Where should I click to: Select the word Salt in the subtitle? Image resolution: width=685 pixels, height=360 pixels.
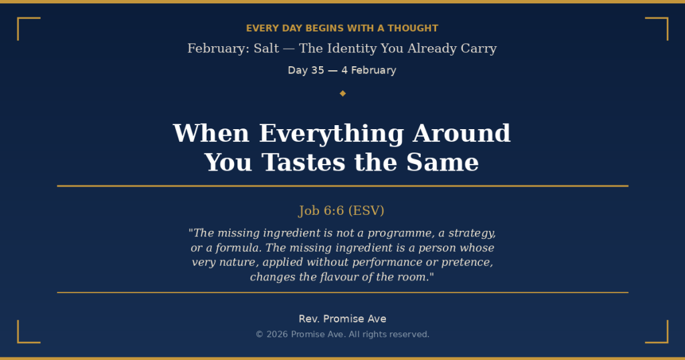pos(266,49)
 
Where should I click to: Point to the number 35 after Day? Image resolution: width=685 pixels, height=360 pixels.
pos(318,70)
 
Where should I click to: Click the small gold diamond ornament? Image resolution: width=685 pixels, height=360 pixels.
pos(342,93)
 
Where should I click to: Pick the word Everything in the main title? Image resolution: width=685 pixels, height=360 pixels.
pos(331,133)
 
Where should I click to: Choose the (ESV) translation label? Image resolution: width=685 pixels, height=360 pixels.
pos(367,211)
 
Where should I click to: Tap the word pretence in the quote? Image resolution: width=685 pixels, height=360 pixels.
pos(464,262)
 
